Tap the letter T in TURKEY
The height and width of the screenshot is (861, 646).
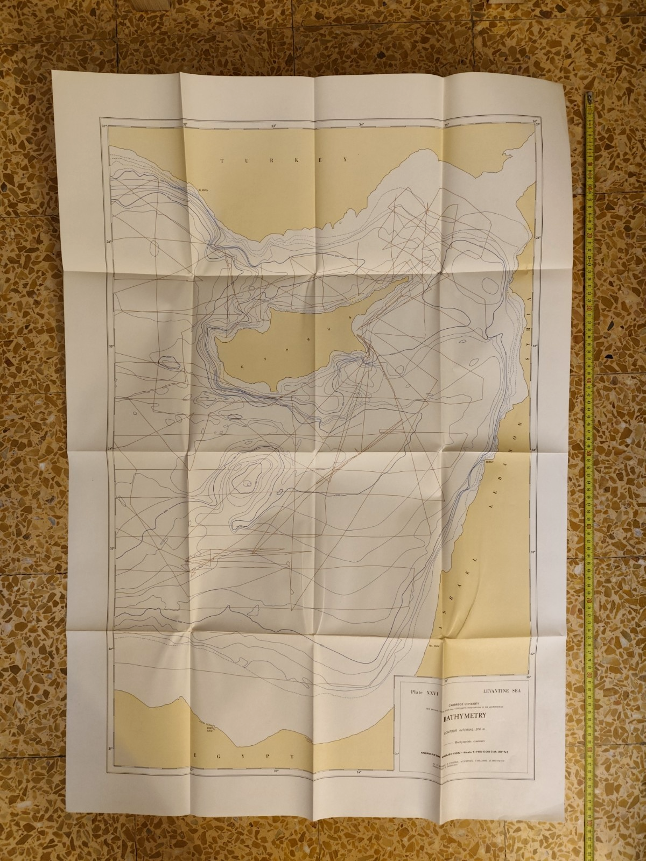coord(222,160)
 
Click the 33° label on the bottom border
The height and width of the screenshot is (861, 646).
coord(278,771)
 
